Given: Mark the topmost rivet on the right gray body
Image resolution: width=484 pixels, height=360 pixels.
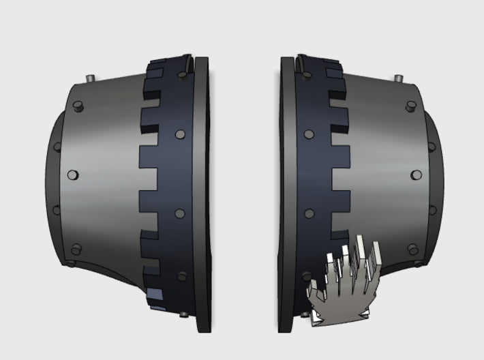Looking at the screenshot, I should pos(410,106).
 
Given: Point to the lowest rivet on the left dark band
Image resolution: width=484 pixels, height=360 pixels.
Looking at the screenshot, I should pos(182,277).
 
